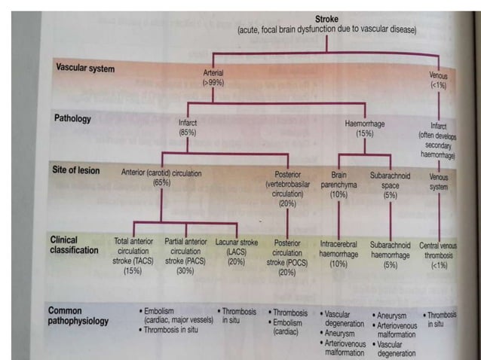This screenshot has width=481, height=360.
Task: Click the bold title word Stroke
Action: coord(326,18)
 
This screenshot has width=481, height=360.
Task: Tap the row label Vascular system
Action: coord(86,69)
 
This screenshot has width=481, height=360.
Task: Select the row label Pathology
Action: coord(72,118)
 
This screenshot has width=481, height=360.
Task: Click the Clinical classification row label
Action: coord(75,244)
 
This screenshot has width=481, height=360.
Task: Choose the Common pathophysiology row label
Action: coord(78,315)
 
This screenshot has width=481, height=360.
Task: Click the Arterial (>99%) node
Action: coord(213,78)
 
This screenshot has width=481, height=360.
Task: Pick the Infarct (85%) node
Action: coord(188,127)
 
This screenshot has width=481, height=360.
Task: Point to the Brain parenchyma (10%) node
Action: coord(339,183)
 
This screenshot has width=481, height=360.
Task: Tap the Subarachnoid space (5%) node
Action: coord(390,183)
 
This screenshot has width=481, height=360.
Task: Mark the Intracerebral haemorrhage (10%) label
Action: coord(339,255)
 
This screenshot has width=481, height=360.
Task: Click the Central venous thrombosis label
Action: coord(439,250)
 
